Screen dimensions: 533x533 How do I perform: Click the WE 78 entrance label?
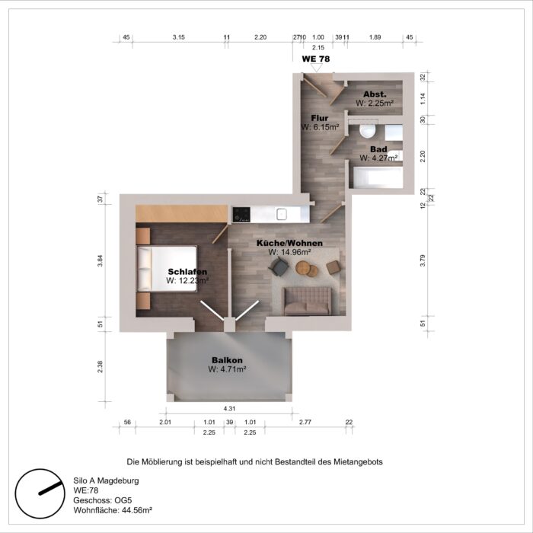click(316, 58)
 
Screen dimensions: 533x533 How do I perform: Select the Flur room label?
click(320, 118)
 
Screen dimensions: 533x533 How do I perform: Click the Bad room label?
click(378, 149)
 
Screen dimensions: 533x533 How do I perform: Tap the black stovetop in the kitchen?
click(241, 214)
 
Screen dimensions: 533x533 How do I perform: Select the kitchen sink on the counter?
click(282, 214)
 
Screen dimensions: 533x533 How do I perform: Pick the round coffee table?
click(304, 267)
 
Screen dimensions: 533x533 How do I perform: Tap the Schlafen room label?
click(187, 272)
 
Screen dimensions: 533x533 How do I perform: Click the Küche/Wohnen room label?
click(289, 243)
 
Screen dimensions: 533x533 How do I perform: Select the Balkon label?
click(227, 360)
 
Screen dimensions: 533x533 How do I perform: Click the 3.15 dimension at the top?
click(179, 37)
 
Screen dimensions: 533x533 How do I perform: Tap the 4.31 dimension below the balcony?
click(229, 409)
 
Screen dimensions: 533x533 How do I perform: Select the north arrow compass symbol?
click(39, 490)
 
